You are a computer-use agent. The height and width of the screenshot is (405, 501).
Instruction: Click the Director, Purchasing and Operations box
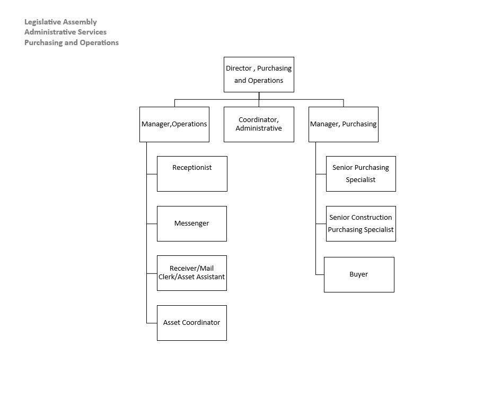point(259,75)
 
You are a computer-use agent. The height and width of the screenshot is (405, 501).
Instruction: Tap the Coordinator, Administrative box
point(259,125)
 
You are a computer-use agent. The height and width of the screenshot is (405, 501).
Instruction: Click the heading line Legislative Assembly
point(60,22)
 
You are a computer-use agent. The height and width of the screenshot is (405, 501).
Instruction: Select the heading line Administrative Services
point(65,32)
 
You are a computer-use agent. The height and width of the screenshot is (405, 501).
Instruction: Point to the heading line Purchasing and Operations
point(72,43)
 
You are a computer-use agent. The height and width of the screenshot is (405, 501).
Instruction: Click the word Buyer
point(359,274)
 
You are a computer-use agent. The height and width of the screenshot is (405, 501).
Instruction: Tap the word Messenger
point(192,223)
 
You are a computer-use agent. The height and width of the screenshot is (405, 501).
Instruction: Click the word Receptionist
point(192,168)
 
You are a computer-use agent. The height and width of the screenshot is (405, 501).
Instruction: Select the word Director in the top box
point(239,68)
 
